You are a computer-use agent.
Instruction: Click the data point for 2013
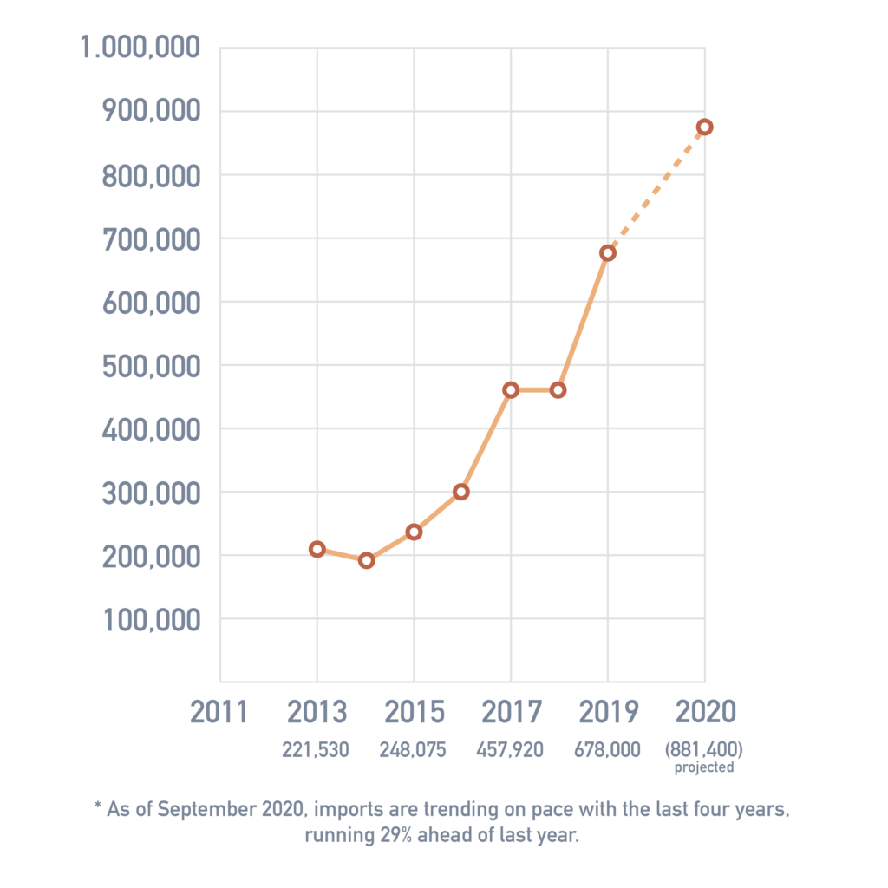(317, 549)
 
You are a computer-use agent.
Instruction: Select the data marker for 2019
(608, 253)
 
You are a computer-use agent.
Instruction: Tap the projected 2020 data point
(705, 127)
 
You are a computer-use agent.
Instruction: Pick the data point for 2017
(511, 390)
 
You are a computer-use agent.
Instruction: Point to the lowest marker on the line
(366, 560)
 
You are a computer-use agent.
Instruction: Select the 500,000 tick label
(152, 366)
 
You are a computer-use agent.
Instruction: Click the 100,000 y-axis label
(152, 620)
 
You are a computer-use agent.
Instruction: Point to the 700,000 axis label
(152, 239)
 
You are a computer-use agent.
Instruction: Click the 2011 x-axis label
(219, 713)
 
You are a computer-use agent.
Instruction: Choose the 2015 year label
(414, 713)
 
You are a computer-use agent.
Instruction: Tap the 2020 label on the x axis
(705, 713)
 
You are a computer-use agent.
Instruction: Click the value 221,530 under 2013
(316, 750)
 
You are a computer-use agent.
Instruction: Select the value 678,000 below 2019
(607, 750)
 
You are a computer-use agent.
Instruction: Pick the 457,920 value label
(510, 750)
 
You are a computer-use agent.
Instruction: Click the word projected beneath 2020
(704, 768)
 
